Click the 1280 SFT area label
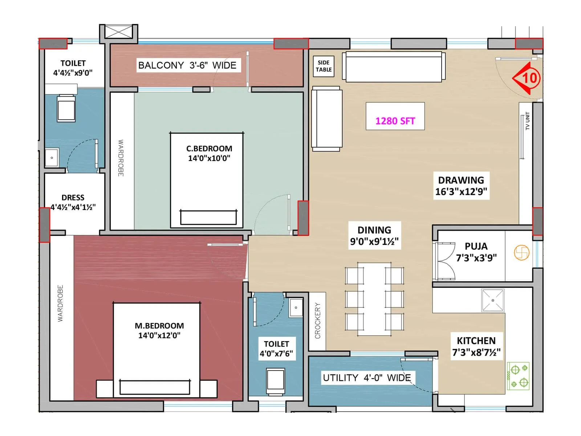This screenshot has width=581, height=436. click(x=395, y=121)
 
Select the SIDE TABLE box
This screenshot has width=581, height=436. click(x=324, y=66)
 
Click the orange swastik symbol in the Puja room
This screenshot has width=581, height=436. click(x=521, y=253)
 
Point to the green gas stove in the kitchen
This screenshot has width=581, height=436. click(x=518, y=376)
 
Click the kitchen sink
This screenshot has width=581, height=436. click(x=493, y=300)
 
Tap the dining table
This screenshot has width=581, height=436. click(x=374, y=299)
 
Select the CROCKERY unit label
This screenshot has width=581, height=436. click(x=318, y=321)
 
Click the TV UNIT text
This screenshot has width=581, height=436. click(x=527, y=121)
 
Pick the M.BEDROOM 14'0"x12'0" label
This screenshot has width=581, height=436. click(x=159, y=330)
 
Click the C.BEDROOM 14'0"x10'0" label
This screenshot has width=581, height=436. click(x=209, y=153)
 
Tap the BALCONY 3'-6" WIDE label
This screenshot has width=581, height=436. click(x=187, y=65)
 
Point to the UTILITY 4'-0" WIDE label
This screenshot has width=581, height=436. click(x=367, y=378)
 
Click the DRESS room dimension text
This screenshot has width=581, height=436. click(x=73, y=207)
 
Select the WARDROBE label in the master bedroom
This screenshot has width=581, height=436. click(x=60, y=303)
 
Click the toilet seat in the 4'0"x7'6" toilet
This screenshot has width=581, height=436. click(x=276, y=381)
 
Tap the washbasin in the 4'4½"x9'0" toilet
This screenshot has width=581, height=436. click(x=52, y=158)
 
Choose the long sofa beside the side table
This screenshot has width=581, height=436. click(x=394, y=67)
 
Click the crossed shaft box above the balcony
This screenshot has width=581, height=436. click(x=119, y=32)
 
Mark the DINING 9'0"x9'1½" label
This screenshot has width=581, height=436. click(x=374, y=235)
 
